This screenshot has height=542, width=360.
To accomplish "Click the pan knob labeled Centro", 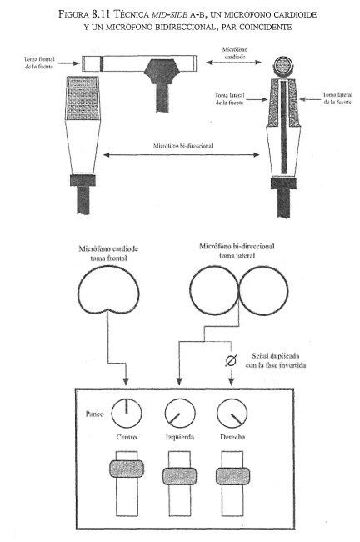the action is click(127, 414).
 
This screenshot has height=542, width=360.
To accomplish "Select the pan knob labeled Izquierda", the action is click(180, 414).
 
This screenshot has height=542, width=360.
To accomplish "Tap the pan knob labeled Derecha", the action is click(232, 414).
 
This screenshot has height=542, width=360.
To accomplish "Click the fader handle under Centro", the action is click(127, 469).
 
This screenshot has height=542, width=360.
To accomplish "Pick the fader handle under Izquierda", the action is click(180, 475).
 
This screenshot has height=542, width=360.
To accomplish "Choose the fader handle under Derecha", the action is click(232, 475).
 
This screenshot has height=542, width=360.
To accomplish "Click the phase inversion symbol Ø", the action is click(231, 360).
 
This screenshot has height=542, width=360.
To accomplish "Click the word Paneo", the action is click(94, 414).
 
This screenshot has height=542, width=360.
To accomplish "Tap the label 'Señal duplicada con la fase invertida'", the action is click(276, 360).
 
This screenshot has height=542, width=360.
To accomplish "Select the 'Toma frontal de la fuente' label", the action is click(39, 63).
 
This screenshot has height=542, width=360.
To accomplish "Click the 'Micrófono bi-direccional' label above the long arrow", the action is click(182, 146).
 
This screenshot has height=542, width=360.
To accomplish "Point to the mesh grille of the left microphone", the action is click(82, 98).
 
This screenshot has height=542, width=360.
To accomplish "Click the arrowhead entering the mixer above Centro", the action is click(126, 382).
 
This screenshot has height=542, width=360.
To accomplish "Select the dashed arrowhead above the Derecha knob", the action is click(231, 381).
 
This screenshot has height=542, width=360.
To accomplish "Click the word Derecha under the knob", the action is click(232, 437).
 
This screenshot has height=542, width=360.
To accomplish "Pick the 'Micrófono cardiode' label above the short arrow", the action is click(235, 53).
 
